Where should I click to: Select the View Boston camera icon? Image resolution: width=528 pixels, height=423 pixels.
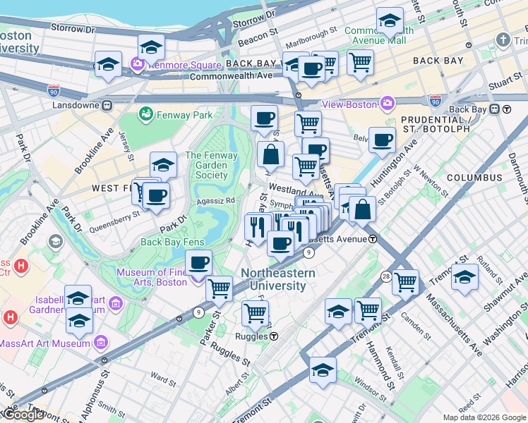point(387,104)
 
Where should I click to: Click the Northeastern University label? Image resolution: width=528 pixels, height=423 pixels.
point(274,279)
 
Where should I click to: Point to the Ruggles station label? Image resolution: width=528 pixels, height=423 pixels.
point(250,336)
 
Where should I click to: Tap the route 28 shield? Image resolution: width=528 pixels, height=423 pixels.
point(386,276)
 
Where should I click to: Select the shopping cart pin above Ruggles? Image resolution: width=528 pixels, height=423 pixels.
point(255,312)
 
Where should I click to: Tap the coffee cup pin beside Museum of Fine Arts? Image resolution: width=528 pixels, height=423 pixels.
point(198,262)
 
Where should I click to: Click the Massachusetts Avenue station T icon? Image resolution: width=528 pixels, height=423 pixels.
point(373,239)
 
